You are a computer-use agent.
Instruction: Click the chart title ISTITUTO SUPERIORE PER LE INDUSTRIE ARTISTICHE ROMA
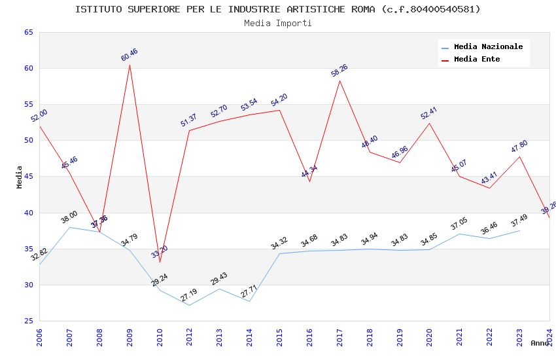click(277, 9)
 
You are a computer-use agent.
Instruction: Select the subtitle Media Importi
click(277, 23)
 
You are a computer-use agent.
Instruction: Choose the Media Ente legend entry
click(477, 60)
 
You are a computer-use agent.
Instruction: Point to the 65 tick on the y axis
click(27, 32)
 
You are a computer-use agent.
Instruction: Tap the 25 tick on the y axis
click(27, 321)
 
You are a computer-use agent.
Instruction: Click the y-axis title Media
click(20, 177)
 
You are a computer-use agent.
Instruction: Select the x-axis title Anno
click(540, 343)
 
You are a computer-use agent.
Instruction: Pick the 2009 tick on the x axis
click(130, 337)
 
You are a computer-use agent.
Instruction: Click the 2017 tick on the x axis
click(339, 337)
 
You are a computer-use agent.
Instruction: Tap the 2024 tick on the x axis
click(549, 337)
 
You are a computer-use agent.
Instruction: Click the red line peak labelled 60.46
click(130, 65)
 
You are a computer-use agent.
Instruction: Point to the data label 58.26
click(339, 70)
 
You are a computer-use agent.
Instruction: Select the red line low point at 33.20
click(160, 262)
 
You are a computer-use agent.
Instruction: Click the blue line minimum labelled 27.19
click(190, 305)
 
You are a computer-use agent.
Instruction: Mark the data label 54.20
click(279, 100)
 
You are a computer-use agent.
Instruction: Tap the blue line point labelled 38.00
click(69, 227)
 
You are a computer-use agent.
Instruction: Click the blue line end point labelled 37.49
click(519, 230)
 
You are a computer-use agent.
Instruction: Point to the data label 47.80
click(519, 147)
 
